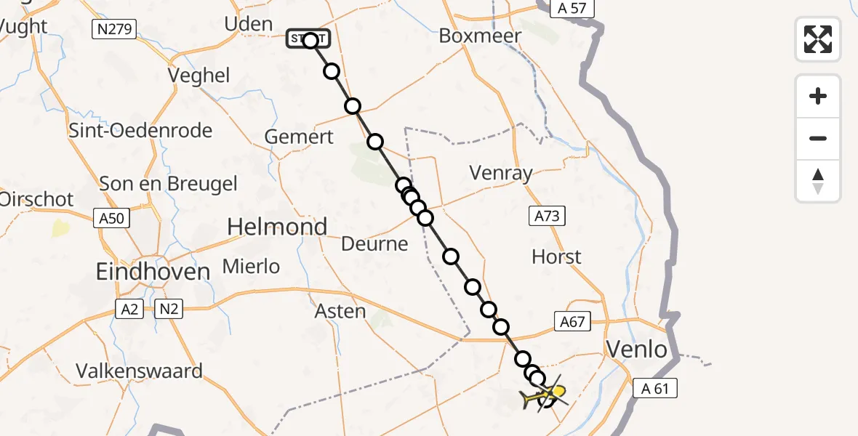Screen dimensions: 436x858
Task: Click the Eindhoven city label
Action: tap(153, 272)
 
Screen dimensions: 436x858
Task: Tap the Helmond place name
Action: tap(277, 227)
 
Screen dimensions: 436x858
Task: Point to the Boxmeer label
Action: tap(480, 36)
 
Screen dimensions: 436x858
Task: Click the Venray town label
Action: tap(501, 173)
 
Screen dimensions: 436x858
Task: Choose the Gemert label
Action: tap(299, 137)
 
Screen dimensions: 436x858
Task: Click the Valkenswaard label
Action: tap(140, 371)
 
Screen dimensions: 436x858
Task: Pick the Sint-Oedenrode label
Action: tap(140, 131)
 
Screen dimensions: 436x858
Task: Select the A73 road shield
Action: tap(548, 215)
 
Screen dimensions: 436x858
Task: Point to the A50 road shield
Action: tap(111, 217)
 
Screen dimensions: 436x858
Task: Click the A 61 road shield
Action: tap(655, 389)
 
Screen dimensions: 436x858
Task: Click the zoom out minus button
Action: tap(818, 139)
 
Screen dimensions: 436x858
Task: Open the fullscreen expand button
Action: tap(818, 39)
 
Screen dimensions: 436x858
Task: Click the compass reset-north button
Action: tap(818, 181)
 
